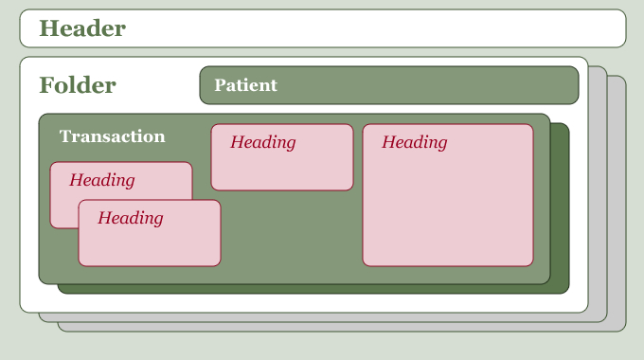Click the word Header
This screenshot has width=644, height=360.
pos(82,28)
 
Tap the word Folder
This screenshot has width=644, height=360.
pos(78,85)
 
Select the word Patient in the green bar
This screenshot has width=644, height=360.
pos(245,85)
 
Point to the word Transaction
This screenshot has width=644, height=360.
pos(112,136)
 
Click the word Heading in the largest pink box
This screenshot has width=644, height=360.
pos(415,142)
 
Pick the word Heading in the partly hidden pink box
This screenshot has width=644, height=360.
pos(102,180)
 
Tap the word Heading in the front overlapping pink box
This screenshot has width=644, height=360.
pos(130,218)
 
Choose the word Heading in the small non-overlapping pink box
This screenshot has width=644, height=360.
pos(263,142)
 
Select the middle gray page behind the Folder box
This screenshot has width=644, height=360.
pos(598,193)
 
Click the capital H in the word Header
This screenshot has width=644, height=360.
pos(48,28)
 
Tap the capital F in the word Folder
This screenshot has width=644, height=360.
pos(45,85)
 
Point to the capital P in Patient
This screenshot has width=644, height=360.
pos(220,85)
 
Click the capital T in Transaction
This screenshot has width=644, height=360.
pos(65,136)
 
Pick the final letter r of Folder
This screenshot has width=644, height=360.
pos(112,87)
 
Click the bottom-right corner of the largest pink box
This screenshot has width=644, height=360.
pos(532,265)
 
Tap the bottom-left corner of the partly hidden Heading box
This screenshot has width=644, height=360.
pos(51,227)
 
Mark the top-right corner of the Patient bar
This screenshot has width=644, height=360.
pos(578,67)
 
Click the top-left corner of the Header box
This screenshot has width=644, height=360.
pos(21,10)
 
